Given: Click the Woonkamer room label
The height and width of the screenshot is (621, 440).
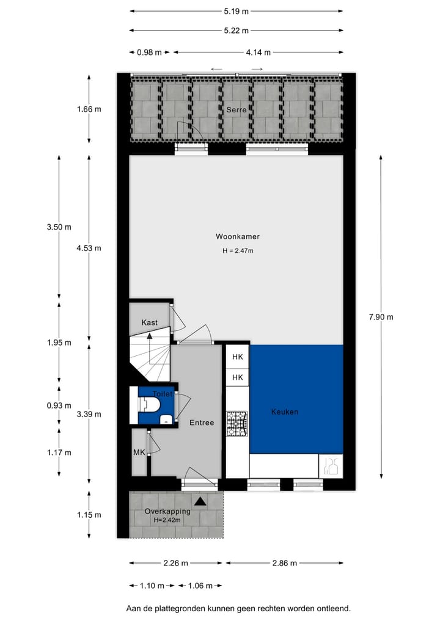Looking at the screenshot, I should (x=233, y=236).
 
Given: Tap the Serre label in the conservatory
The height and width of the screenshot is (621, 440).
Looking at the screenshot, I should (x=236, y=110).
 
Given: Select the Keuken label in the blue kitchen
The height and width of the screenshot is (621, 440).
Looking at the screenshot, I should (x=284, y=412).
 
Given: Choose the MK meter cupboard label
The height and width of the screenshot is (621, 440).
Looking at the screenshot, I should (x=139, y=452).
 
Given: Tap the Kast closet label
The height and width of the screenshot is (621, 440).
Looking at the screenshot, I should (x=149, y=322).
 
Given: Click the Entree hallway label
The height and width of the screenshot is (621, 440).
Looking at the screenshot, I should (x=201, y=423).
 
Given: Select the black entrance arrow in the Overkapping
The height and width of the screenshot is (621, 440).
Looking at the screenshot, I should (x=200, y=501).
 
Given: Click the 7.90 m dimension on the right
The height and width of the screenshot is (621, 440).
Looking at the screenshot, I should (x=381, y=316).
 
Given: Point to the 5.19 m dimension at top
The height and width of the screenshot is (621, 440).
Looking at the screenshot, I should (x=237, y=11).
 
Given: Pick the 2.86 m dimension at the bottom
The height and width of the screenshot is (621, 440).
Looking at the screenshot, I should (x=284, y=563).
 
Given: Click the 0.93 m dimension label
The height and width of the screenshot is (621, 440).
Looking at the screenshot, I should (x=59, y=405).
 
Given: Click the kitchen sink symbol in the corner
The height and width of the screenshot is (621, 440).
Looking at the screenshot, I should (x=331, y=467).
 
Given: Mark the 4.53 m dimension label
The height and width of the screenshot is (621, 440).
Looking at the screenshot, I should (x=89, y=248).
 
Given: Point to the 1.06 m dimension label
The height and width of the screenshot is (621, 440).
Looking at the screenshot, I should (x=200, y=586).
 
